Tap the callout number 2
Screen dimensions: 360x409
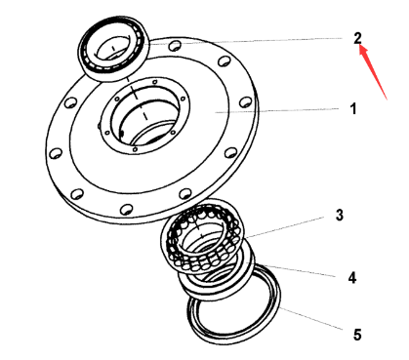click(357, 38)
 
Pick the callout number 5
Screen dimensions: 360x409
click(356, 334)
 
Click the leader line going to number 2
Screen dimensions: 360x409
click(254, 42)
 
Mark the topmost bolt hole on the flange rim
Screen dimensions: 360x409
click(173, 44)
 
